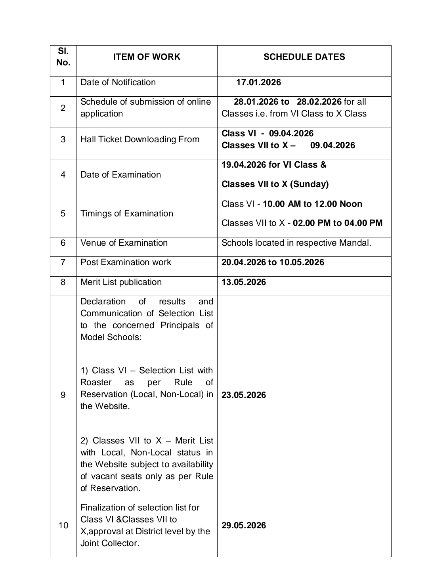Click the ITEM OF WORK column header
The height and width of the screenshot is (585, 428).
[x=147, y=57]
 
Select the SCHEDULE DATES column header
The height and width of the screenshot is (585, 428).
[x=304, y=57]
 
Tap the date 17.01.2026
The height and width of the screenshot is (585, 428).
[x=258, y=82]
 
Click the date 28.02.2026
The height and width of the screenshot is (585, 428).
[x=319, y=102]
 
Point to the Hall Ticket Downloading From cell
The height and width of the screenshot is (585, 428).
[x=140, y=140]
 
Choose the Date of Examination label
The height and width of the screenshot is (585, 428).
[x=120, y=175]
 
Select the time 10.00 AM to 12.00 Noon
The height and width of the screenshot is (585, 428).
[x=312, y=204]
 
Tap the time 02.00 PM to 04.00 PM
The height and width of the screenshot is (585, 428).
[x=338, y=223]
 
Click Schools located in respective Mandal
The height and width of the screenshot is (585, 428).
[x=296, y=243]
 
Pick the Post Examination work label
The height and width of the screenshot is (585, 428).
[x=126, y=262]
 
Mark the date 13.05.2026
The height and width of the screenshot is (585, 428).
[x=244, y=282]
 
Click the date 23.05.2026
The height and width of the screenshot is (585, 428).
[x=244, y=395]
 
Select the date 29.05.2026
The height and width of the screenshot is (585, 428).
[x=244, y=526]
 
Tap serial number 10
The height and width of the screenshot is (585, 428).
[x=63, y=526]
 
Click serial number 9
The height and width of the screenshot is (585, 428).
[x=63, y=395]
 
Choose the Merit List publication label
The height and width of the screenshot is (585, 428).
[x=121, y=282]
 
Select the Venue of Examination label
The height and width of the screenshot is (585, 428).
[x=124, y=243]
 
